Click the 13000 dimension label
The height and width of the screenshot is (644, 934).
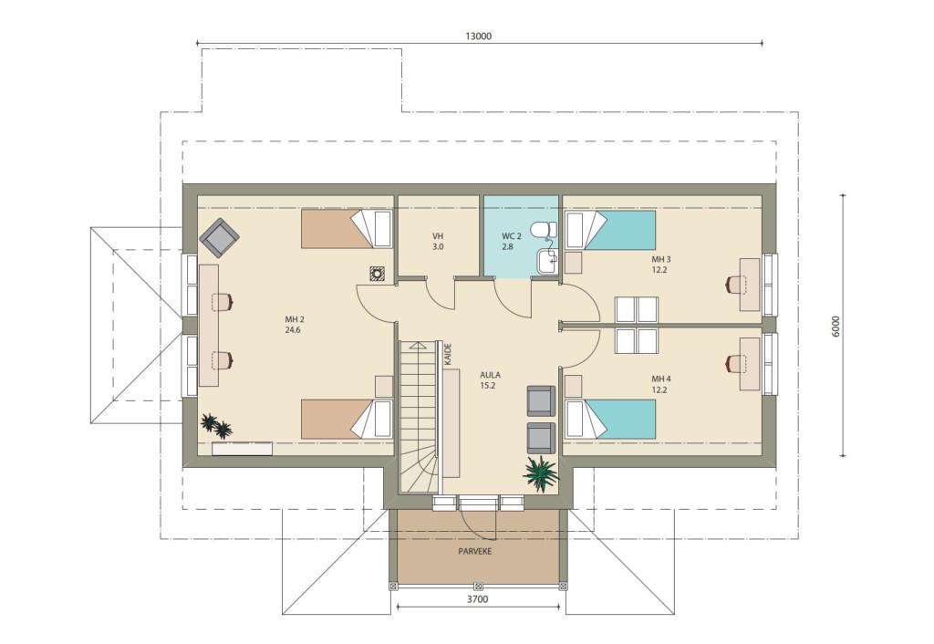point(478,36)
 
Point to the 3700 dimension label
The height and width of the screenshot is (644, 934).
point(478,598)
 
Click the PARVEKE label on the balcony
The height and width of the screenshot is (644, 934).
point(474,551)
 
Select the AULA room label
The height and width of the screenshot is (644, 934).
point(490,375)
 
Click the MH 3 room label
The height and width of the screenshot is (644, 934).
point(660,259)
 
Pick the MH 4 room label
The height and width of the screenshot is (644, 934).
point(660,379)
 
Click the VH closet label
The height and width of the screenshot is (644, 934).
point(438,236)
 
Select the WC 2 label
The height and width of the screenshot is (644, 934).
point(511,236)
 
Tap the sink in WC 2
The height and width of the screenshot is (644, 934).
point(547,260)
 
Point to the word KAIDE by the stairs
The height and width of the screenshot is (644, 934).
point(448,354)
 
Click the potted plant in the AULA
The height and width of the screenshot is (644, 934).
point(541,473)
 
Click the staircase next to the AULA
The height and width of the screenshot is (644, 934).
point(418,417)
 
